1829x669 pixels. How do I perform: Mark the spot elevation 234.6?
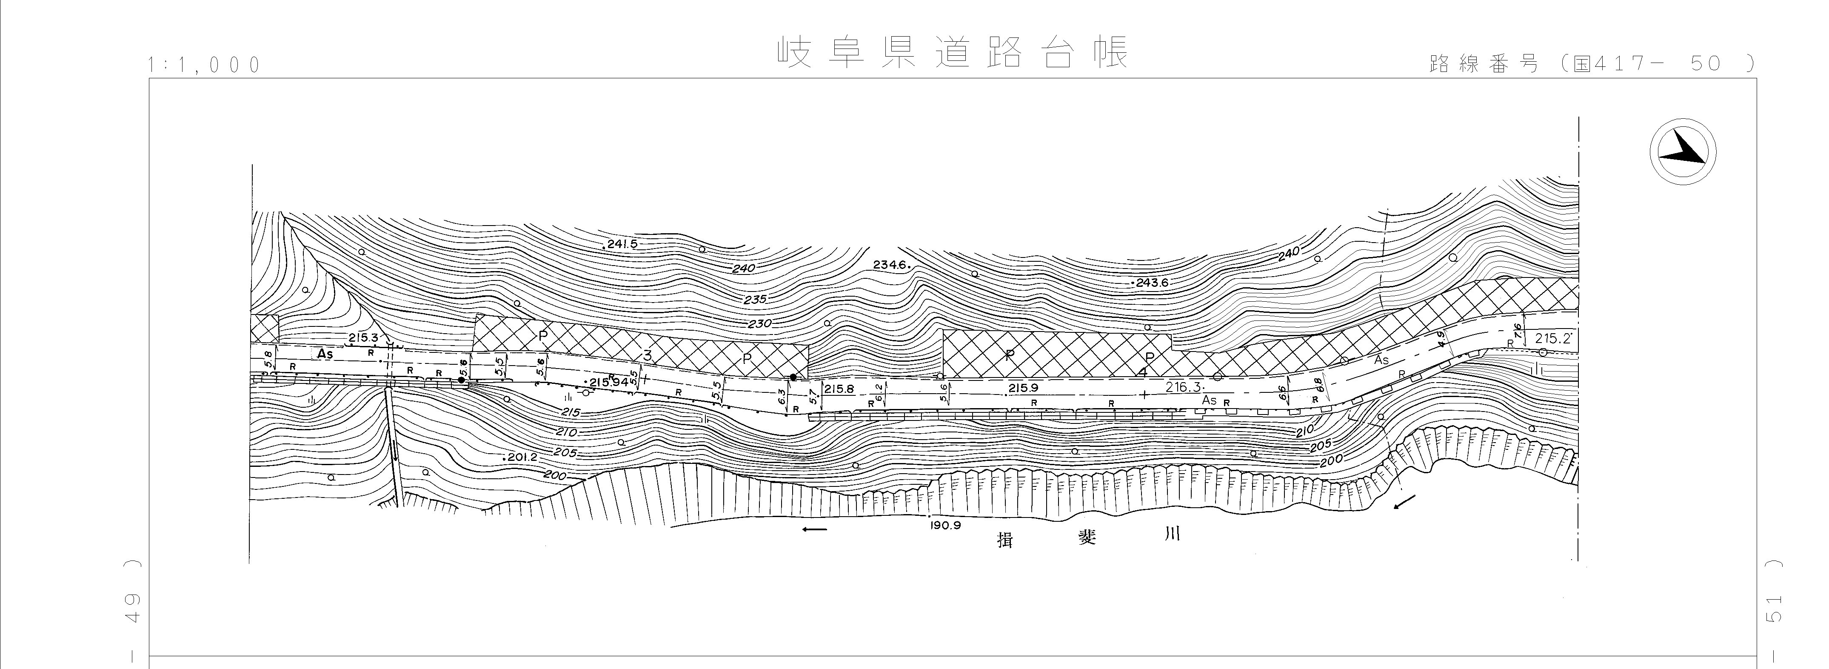click(x=891, y=265)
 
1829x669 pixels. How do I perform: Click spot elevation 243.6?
click(x=1151, y=282)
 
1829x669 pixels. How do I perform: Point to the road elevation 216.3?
click(x=1183, y=387)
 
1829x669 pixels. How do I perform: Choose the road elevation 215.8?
click(x=839, y=389)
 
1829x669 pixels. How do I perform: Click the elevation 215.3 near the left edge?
click(x=363, y=337)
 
